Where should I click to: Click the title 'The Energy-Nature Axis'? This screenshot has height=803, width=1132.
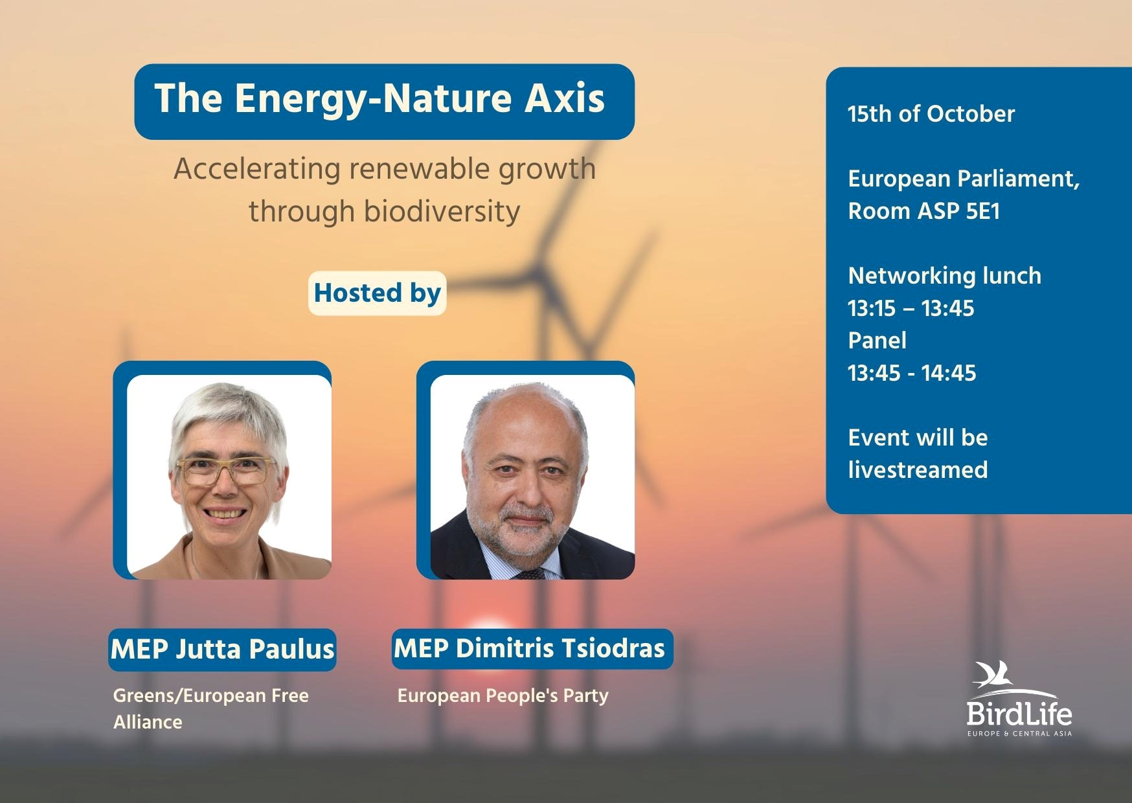tap(379, 99)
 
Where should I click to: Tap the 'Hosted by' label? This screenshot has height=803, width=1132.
tap(377, 293)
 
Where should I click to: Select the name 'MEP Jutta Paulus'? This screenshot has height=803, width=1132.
tap(222, 649)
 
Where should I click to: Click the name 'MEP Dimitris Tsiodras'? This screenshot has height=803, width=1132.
tap(530, 648)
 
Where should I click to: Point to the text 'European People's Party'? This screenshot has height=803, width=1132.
tap(503, 696)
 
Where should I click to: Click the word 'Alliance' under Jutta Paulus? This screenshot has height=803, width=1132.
tap(148, 722)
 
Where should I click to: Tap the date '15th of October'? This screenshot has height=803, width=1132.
tap(931, 114)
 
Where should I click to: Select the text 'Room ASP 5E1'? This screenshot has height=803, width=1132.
tap(924, 211)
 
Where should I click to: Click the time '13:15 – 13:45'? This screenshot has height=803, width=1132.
tap(911, 308)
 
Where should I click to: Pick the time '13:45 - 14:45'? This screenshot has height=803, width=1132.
tap(912, 373)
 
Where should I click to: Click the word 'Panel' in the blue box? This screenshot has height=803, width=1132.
tap(877, 341)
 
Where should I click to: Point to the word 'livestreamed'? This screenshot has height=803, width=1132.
tap(918, 470)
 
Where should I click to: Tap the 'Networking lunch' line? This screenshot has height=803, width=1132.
tap(945, 276)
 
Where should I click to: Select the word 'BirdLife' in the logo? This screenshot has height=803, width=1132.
tap(1019, 714)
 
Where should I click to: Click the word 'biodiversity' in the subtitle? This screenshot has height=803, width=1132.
tap(385, 212)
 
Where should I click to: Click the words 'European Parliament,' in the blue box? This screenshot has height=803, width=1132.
tap(964, 179)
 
